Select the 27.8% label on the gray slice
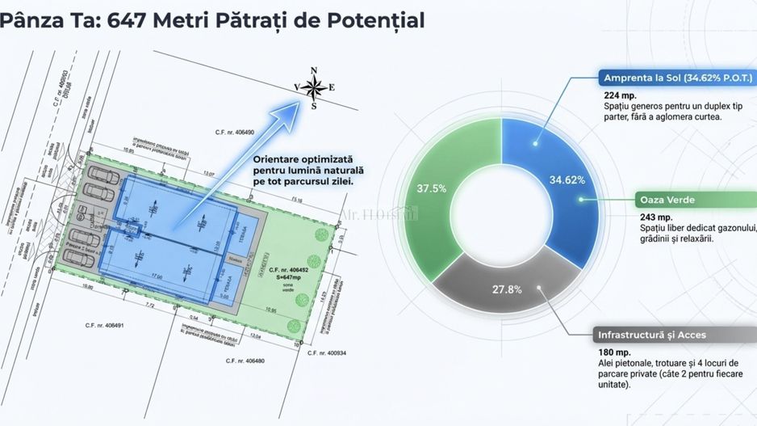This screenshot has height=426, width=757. [x=507, y=289]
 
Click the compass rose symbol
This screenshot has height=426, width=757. [x=314, y=87]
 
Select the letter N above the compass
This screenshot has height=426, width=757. [x=315, y=70]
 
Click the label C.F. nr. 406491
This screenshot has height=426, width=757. [x=105, y=326]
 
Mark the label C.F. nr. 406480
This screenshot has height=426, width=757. [x=245, y=360]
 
